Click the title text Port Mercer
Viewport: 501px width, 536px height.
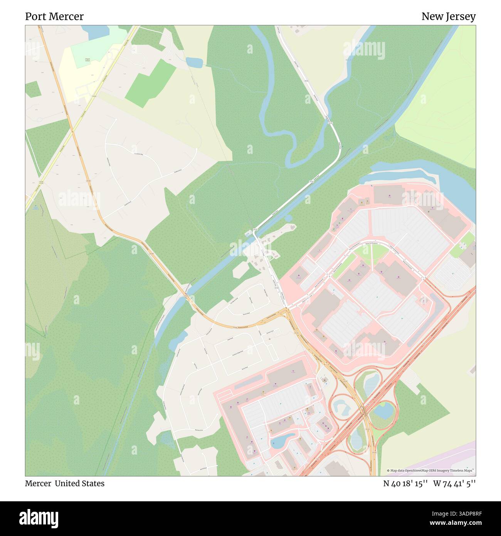tap(54, 17)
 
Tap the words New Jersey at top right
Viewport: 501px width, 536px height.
tap(448, 17)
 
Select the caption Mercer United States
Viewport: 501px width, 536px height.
tap(65, 484)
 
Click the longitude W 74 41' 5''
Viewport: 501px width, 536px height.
tap(454, 484)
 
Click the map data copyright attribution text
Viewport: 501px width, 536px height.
tap(430, 470)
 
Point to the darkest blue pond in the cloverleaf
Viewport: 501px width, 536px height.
tap(382, 411)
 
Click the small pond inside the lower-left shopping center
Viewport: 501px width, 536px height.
tap(282, 440)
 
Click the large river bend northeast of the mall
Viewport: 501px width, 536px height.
tap(451, 181)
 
